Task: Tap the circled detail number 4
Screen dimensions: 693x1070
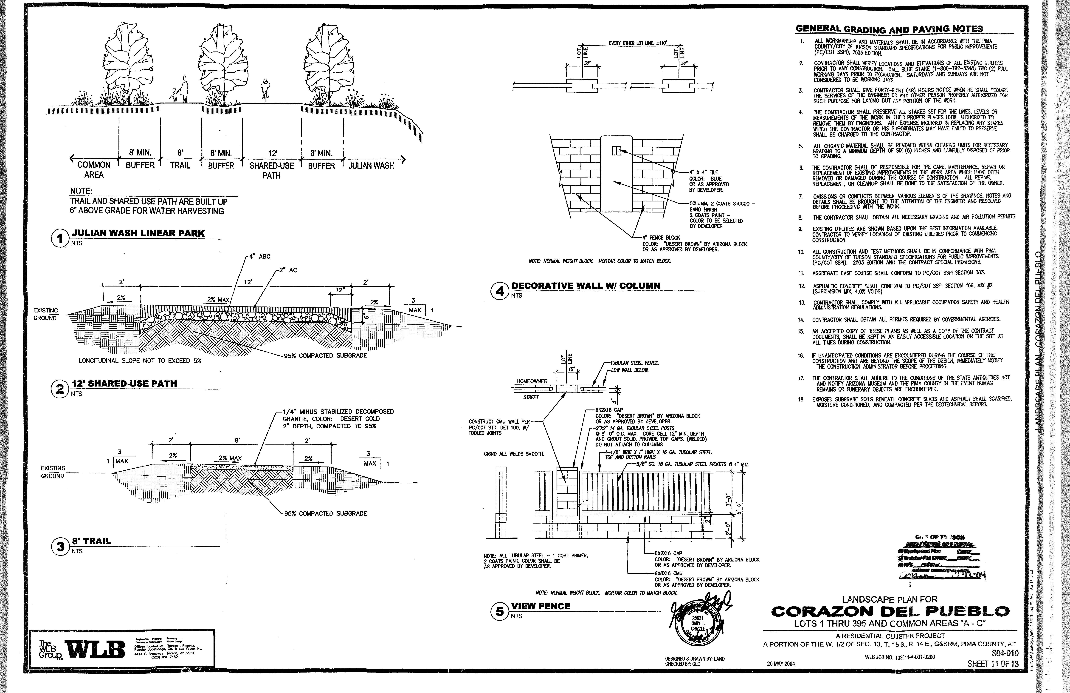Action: point(499,291)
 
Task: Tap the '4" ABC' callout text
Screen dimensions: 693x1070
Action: point(262,257)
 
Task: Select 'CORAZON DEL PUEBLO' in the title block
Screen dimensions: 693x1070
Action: point(890,612)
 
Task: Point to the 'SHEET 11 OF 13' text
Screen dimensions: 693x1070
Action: point(993,664)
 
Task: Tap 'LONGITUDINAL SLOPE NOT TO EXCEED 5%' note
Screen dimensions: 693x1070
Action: point(140,361)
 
